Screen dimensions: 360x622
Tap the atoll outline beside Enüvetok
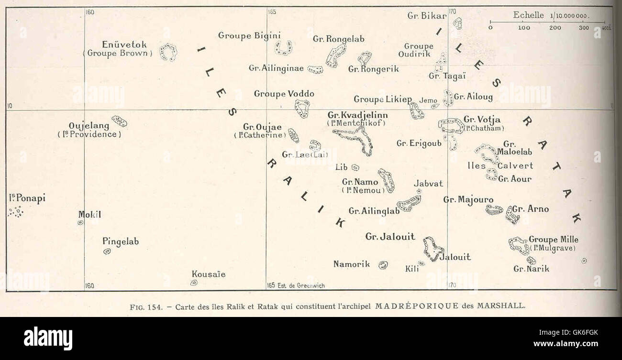(x=168, y=52)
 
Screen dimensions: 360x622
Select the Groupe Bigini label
(x=249, y=35)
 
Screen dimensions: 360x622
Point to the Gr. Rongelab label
(x=336, y=39)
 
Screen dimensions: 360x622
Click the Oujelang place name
(x=89, y=126)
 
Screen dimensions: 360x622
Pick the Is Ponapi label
(x=27, y=198)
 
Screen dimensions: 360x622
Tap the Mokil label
(x=89, y=215)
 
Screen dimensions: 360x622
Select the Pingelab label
(x=121, y=241)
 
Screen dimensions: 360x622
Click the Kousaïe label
(x=209, y=274)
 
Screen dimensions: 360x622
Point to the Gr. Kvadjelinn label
(x=358, y=115)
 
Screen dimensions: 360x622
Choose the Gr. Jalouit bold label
(x=390, y=236)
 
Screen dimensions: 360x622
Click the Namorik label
(x=352, y=263)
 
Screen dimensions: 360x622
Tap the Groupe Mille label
(x=554, y=240)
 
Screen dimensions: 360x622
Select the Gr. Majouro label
(x=468, y=199)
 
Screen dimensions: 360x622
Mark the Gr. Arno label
(x=531, y=209)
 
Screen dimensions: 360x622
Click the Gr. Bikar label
(x=427, y=15)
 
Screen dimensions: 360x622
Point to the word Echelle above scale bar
(x=529, y=15)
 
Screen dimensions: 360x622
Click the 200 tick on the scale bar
(x=555, y=28)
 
